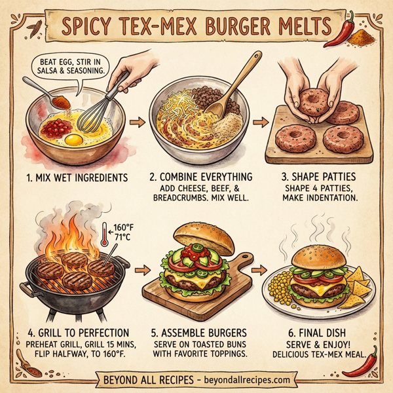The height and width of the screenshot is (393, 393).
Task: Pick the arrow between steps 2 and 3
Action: (x=260, y=122)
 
